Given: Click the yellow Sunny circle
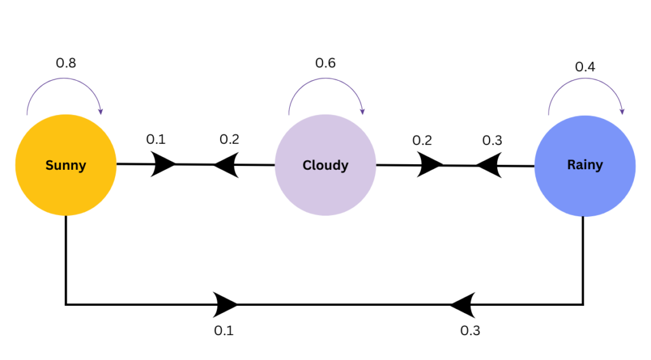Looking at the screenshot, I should pyautogui.click(x=65, y=165).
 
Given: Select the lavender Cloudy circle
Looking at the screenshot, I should pyautogui.click(x=325, y=165).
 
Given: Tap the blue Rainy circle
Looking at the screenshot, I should pyautogui.click(x=584, y=165).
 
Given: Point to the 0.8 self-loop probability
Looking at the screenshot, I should pyautogui.click(x=67, y=63).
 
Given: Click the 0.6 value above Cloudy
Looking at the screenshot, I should pyautogui.click(x=325, y=63).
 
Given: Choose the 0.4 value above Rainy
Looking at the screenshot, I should pyautogui.click(x=586, y=66).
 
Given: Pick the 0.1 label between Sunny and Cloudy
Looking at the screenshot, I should pyautogui.click(x=156, y=139).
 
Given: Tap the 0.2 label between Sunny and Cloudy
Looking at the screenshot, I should pyautogui.click(x=229, y=139).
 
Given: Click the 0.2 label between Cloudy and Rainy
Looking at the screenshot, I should pyautogui.click(x=421, y=140).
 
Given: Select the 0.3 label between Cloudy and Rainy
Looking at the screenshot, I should pyautogui.click(x=492, y=140).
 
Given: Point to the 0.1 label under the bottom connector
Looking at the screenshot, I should pyautogui.click(x=224, y=331).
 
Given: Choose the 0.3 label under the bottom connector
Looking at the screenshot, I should pyautogui.click(x=470, y=331).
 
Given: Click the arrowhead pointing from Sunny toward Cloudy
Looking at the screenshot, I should pyautogui.click(x=163, y=164).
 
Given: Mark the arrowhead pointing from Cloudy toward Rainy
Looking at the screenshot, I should pyautogui.click(x=430, y=165).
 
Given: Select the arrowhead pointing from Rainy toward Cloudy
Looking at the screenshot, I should pyautogui.click(x=488, y=166).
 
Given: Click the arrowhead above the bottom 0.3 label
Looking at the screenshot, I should pyautogui.click(x=463, y=305).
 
